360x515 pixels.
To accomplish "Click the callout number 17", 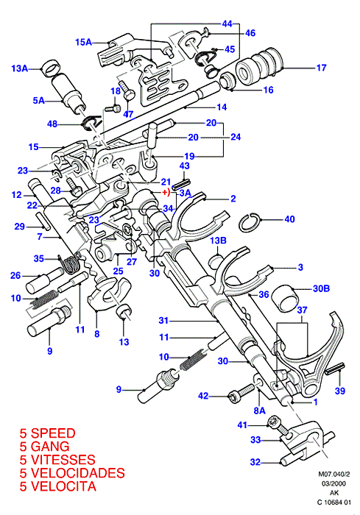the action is (x=322, y=68).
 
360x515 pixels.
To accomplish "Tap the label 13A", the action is (x=19, y=68).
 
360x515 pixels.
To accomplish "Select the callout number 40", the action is (x=289, y=219).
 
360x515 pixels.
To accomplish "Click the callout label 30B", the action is (x=321, y=288).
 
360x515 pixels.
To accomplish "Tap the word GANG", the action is (x=50, y=447).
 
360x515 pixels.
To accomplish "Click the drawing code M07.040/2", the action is (x=334, y=475).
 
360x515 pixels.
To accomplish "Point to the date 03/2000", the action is (x=333, y=484).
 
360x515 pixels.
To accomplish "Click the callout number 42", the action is (x=203, y=396).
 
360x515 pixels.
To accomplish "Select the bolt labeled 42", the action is (x=241, y=394).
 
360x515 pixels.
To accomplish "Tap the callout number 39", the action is (x=340, y=391).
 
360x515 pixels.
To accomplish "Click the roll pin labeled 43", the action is (x=182, y=182).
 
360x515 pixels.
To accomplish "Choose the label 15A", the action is (x=83, y=42).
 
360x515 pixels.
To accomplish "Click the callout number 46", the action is (x=250, y=33).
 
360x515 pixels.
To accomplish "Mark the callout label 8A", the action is (x=259, y=411).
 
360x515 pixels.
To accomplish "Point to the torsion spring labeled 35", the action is (x=70, y=263).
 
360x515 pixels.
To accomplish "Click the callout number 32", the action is (x=255, y=462).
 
